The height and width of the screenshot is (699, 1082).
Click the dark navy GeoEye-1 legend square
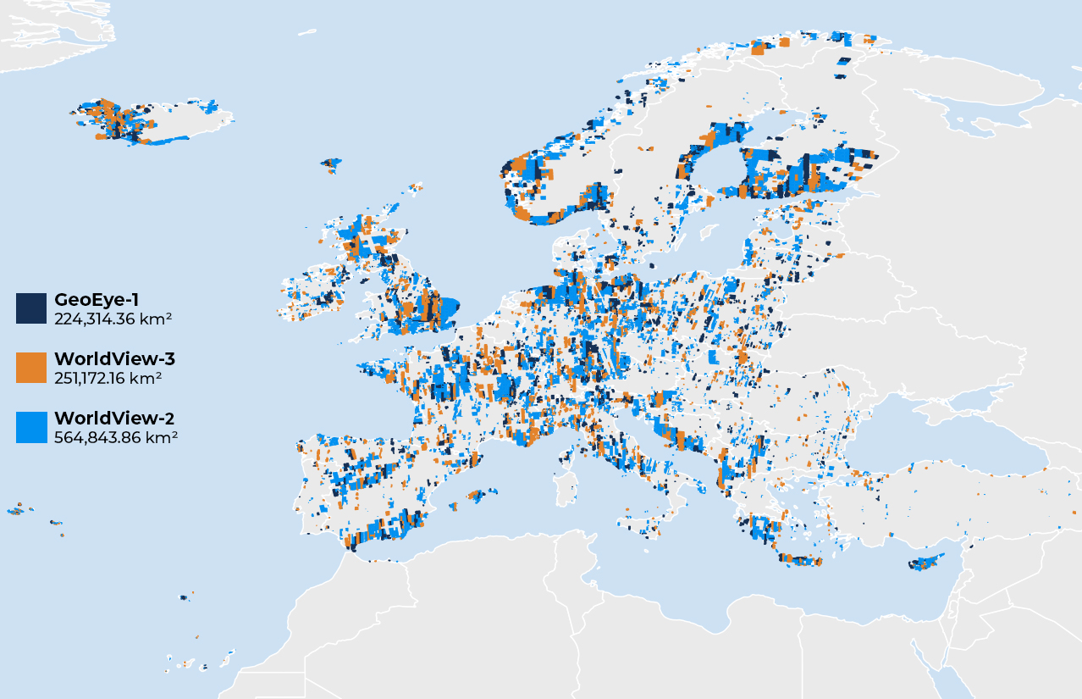[x=31, y=308]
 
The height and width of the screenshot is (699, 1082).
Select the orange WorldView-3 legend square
[x=31, y=368]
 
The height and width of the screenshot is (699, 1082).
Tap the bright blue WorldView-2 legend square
[x=31, y=427]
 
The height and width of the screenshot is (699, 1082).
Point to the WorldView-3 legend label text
[x=114, y=359]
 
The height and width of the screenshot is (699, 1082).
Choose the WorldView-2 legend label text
[x=114, y=419]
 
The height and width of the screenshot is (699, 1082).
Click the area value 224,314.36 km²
[x=113, y=319]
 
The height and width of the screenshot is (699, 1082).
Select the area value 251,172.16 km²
[x=108, y=378]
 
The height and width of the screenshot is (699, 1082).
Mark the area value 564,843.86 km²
[x=116, y=437]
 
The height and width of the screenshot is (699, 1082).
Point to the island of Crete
[x=800, y=560]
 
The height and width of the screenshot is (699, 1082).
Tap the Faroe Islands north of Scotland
[x=331, y=164]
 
